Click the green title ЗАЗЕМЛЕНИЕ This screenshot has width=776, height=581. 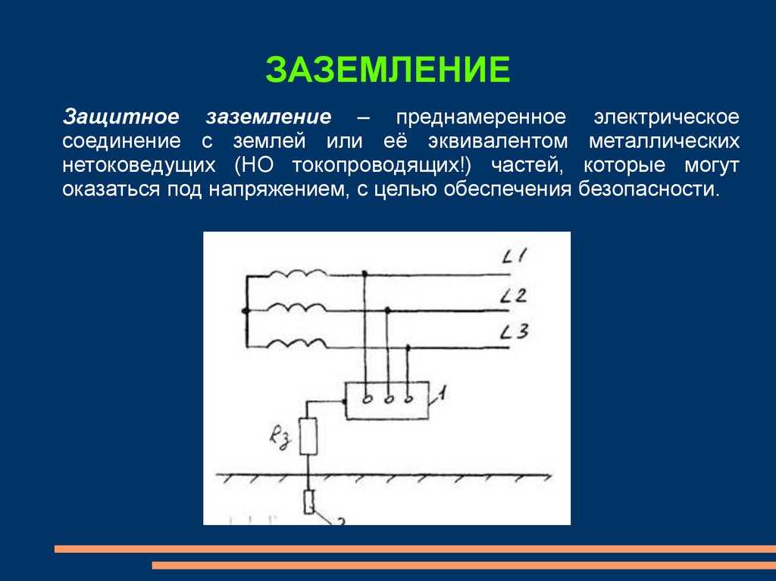(x=387, y=70)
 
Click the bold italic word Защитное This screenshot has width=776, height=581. (x=120, y=117)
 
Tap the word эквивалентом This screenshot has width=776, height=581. (x=498, y=141)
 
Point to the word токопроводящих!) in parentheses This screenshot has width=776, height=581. (x=382, y=165)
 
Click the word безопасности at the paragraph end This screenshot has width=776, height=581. (x=649, y=189)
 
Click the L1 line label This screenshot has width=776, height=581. (x=515, y=256)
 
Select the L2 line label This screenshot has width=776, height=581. (x=513, y=295)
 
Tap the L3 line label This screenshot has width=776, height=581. (x=515, y=331)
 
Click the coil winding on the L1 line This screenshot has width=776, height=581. (x=297, y=273)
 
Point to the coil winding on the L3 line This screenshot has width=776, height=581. (x=297, y=343)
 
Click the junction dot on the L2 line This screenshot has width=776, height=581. (x=388, y=311)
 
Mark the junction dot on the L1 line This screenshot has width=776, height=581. (x=365, y=273)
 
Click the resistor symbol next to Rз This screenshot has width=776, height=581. (x=308, y=436)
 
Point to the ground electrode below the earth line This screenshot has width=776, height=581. (x=309, y=501)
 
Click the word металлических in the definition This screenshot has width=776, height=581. (x=664, y=141)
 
